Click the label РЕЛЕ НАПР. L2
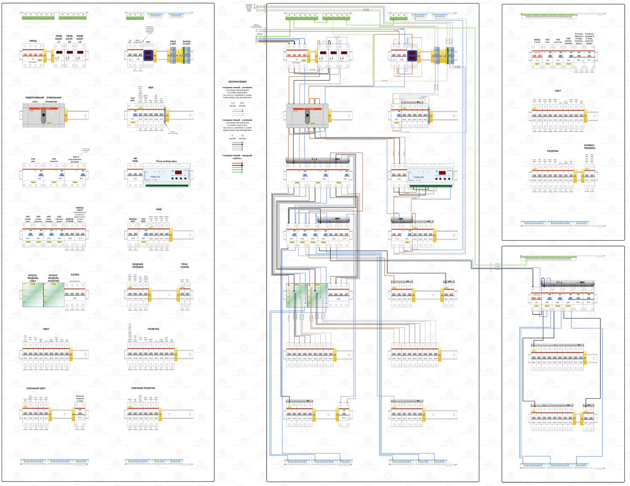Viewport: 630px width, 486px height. pos(69,39)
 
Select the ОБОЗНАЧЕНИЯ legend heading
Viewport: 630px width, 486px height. pos(237,81)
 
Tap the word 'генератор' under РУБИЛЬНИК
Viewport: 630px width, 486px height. pos(51,102)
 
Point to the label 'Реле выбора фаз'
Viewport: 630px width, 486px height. pos(166,161)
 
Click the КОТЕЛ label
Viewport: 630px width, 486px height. pos(75,274)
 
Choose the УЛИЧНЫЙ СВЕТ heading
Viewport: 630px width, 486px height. pos(36,388)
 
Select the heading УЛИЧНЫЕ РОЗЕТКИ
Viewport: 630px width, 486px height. pos(143,388)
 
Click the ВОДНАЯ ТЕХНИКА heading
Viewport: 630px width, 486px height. pos(138,265)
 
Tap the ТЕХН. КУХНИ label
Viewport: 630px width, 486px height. pos(185,265)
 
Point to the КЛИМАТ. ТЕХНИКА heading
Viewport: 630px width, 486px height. pos(589,147)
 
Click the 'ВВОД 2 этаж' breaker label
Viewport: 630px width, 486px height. pos(537,40)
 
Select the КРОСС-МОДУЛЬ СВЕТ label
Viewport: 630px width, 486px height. pos(33,278)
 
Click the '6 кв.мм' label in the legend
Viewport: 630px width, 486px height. pos(242,137)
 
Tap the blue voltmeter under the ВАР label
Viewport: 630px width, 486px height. pos(148,55)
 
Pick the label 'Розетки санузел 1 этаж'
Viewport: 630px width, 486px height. pos(80,398)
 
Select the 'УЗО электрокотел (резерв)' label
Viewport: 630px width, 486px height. pos(75,159)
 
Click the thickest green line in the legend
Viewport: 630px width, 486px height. pos(237,171)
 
